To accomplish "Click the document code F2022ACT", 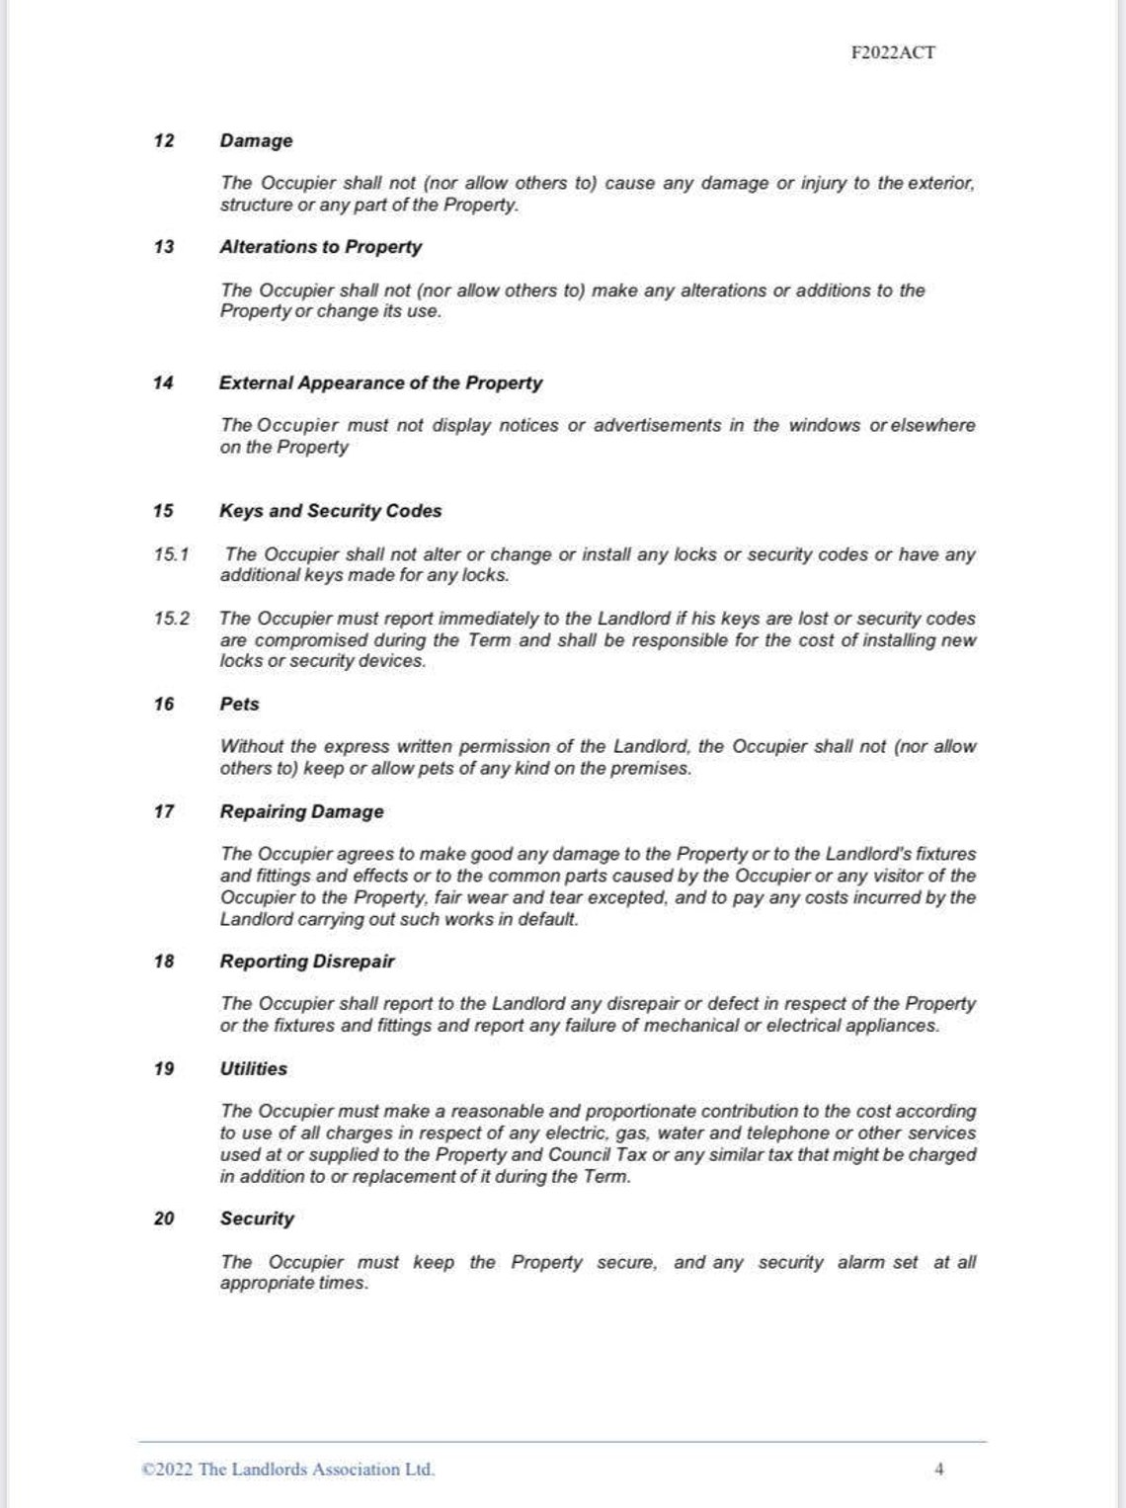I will pos(892,52).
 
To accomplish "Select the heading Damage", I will pos(256,140).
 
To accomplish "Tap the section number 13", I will pos(164,247).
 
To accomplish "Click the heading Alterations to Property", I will pos(320,247).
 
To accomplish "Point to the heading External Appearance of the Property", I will pos(380,382).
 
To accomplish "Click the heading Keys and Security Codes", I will pos(330,511).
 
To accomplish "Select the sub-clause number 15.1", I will pos(171,554).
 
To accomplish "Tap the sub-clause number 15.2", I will pos(171,619).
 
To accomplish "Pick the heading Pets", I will pos(239,705).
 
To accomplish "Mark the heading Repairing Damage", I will pos(301,811).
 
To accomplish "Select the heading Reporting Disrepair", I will pos(306,962).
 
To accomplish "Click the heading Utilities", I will pos(253,1068).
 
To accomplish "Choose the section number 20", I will pos(164,1218).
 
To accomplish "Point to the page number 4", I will pos(938,1469).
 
